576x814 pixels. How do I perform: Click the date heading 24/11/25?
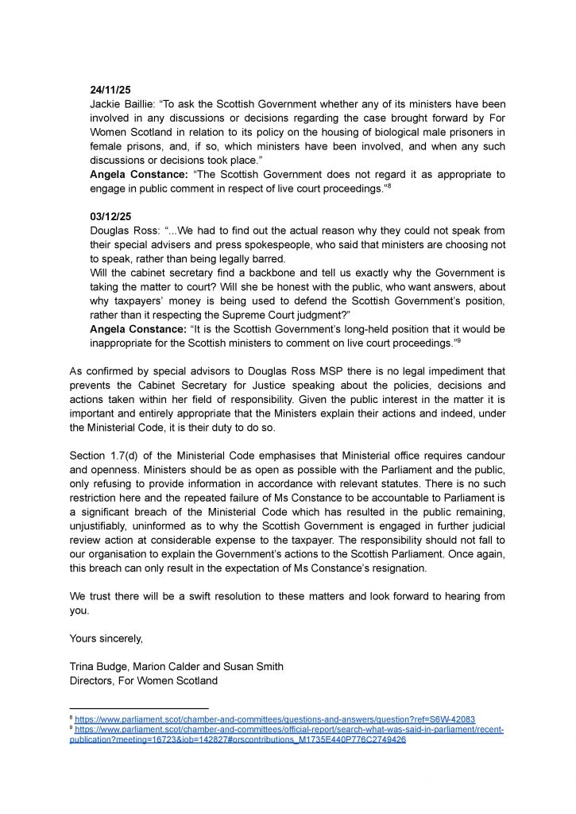109,90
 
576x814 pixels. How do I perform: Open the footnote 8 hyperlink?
275,719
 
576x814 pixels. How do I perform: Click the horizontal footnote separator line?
139,707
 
